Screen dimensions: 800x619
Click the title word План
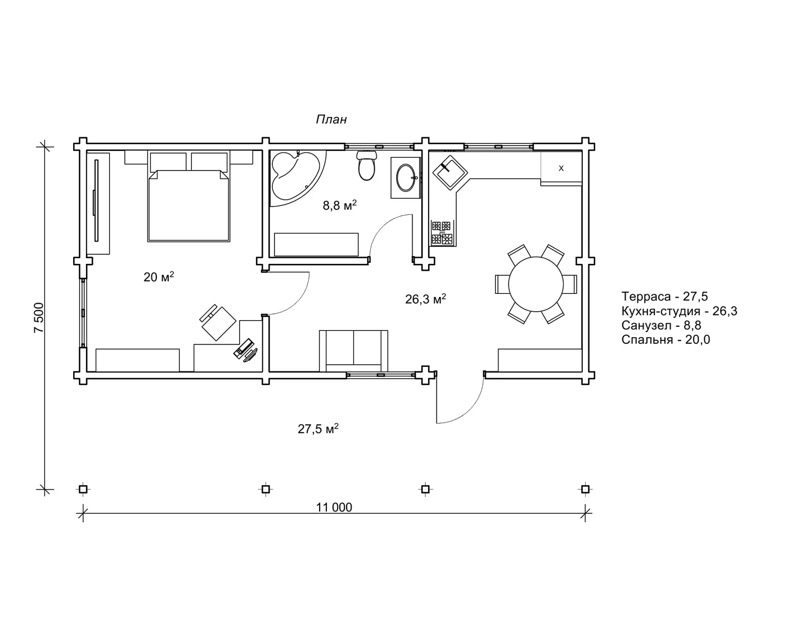(331, 119)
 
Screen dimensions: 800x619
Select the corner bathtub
(295, 176)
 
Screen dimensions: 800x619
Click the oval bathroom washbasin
(406, 178)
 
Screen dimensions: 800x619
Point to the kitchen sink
(450, 172)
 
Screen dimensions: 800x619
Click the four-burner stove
(442, 233)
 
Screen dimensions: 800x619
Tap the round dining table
(536, 284)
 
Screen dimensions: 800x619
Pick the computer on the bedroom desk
(245, 350)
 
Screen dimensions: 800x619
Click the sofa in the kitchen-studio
(353, 351)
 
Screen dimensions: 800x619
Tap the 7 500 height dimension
(39, 318)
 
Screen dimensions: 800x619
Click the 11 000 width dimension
(334, 508)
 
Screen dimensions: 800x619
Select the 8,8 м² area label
(339, 205)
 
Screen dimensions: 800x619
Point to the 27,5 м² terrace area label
(318, 429)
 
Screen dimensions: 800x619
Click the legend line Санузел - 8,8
(661, 325)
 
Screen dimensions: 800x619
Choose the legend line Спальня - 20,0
(666, 339)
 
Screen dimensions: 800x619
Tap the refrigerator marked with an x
(561, 168)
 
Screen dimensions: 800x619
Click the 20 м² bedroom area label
(159, 276)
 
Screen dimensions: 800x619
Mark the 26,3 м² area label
(425, 299)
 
